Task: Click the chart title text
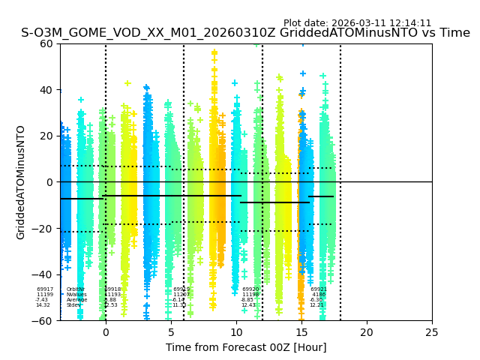click(x=245, y=33)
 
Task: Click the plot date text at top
click(x=357, y=23)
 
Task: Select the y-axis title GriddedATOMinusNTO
click(x=21, y=182)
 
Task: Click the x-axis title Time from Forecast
click(x=246, y=347)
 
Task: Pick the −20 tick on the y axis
click(x=45, y=229)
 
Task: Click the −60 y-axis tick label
click(x=45, y=321)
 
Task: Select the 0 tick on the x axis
click(x=106, y=331)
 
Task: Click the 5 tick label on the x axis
click(x=171, y=331)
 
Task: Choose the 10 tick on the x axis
click(x=236, y=331)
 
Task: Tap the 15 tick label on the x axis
click(x=301, y=331)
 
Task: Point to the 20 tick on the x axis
click(x=367, y=331)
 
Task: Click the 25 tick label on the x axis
click(x=432, y=331)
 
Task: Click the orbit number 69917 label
click(x=45, y=289)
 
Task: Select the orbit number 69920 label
click(x=250, y=289)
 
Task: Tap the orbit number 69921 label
click(x=319, y=289)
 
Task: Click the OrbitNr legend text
click(x=75, y=289)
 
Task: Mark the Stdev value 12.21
click(x=317, y=305)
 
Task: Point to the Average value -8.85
click(x=249, y=300)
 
